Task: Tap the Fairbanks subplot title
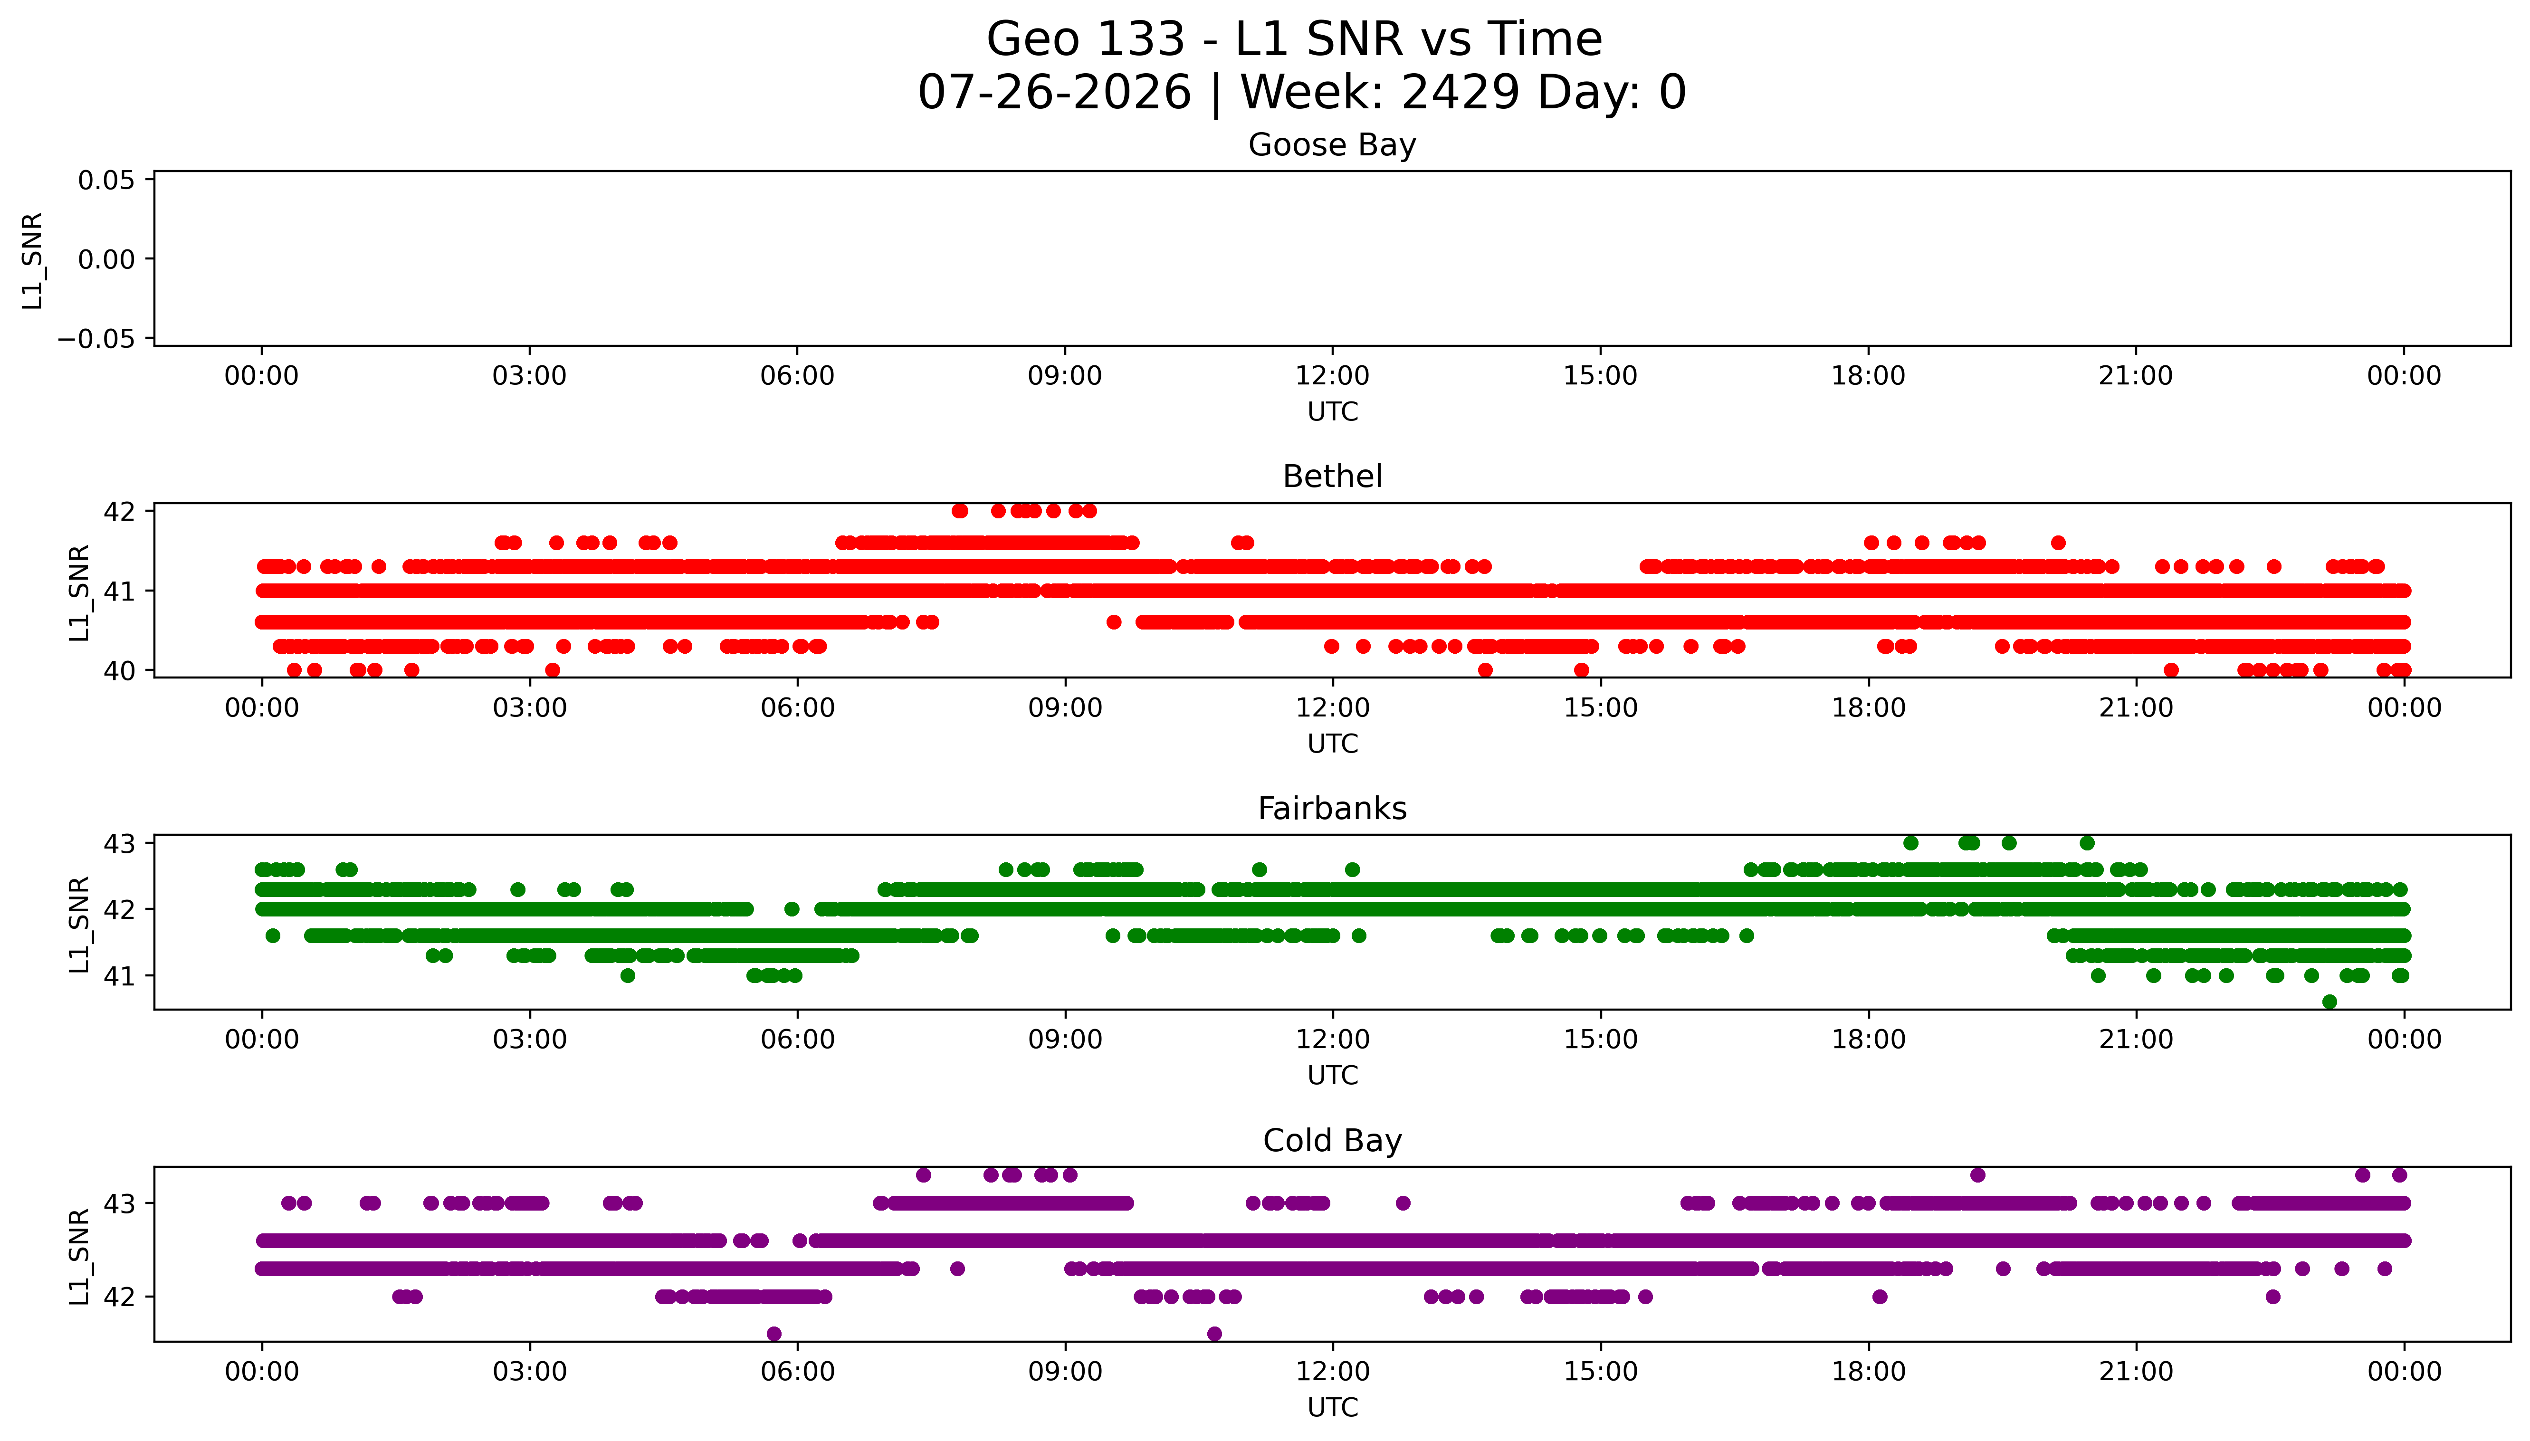(1332, 809)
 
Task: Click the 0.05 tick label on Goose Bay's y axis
(107, 180)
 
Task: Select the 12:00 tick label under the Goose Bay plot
(1332, 376)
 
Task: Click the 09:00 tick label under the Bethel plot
(1065, 707)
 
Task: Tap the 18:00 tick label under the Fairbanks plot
(1868, 1039)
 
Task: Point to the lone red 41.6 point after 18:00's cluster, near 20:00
(2058, 543)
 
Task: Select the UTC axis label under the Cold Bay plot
(1332, 1407)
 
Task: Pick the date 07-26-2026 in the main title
(1055, 92)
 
